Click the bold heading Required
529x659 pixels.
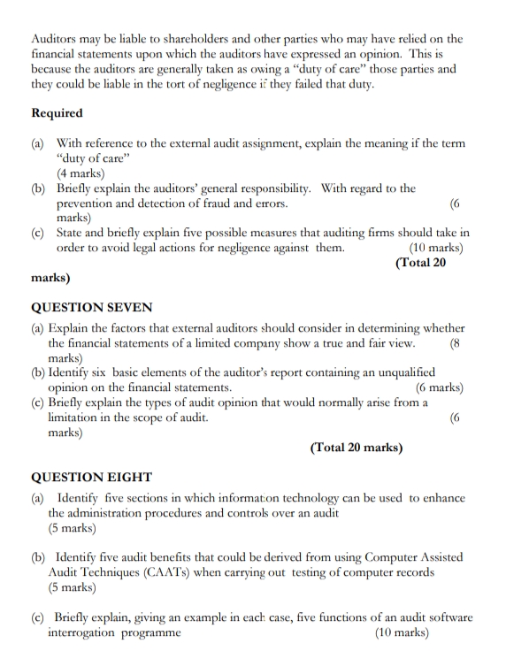coord(57,113)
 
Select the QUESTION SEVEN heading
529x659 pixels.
coord(92,308)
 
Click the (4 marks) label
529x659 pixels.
coord(80,173)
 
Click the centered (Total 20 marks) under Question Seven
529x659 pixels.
coord(356,447)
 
